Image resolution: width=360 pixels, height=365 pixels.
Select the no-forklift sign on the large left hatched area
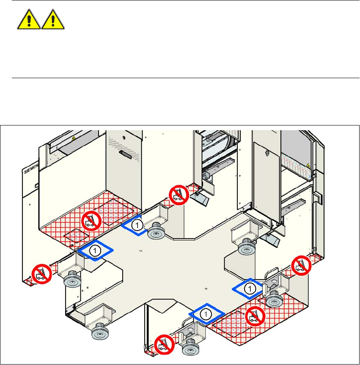coord(91,219)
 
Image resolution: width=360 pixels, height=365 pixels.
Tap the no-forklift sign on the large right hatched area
coord(255,314)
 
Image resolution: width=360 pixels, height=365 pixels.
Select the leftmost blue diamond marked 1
coord(96,251)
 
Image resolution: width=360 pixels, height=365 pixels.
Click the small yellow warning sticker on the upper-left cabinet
coord(74,138)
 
